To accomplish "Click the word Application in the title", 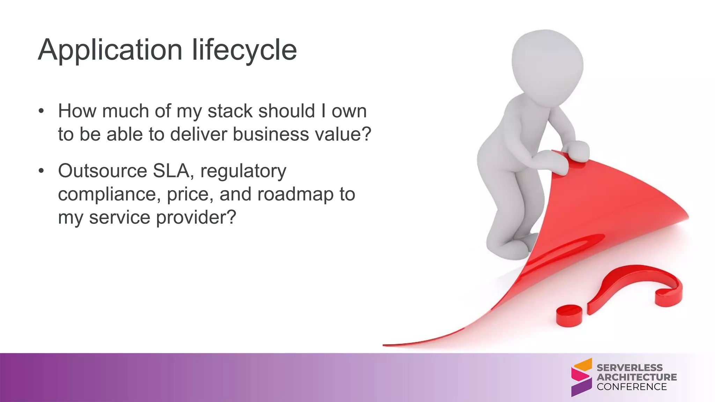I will pyautogui.click(x=110, y=51).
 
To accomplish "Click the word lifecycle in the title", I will pyautogui.click(x=244, y=51).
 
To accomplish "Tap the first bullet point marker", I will pyautogui.click(x=42, y=111).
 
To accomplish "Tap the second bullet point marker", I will pyautogui.click(x=42, y=171).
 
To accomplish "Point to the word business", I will pyautogui.click(x=271, y=134).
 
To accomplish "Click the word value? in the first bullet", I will pyautogui.click(x=343, y=134).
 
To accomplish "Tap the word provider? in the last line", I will pyautogui.click(x=196, y=218).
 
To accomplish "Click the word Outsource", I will pyautogui.click(x=103, y=171).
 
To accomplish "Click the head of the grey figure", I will pyautogui.click(x=547, y=63).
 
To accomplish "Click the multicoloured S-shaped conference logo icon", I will pyautogui.click(x=581, y=377).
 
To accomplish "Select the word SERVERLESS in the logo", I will pyautogui.click(x=629, y=368).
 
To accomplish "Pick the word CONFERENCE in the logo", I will pyautogui.click(x=632, y=387).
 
